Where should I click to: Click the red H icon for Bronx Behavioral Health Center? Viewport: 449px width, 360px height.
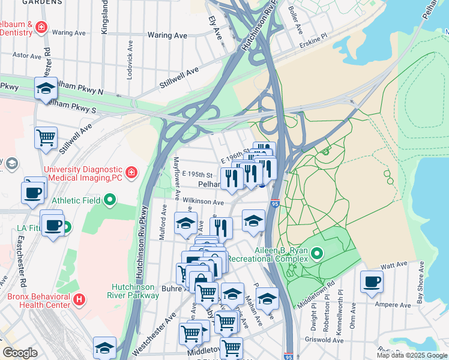tap(78, 298)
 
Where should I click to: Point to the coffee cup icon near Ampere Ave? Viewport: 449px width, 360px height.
tap(372, 281)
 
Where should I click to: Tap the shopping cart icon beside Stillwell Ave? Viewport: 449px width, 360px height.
tap(46, 137)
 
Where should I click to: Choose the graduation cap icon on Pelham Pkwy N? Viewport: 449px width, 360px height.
tap(46, 88)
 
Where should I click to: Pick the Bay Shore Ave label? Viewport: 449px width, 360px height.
tap(420, 282)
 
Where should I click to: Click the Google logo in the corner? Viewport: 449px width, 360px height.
tap(20, 353)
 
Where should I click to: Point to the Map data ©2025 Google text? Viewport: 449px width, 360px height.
tap(411, 355)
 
